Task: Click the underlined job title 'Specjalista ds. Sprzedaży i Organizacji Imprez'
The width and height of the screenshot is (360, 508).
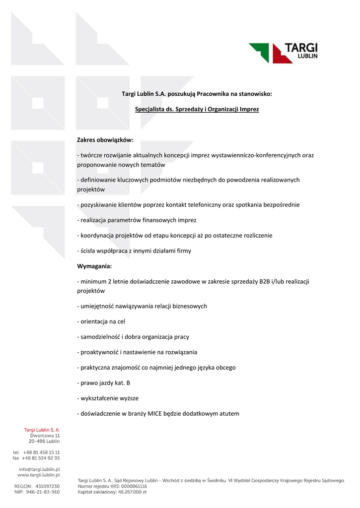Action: pos(197,109)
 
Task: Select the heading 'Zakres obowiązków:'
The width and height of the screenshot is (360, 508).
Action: pos(105,140)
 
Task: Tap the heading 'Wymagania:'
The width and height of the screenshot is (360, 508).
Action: pos(94,266)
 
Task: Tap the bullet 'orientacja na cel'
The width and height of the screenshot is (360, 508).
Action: pos(101,321)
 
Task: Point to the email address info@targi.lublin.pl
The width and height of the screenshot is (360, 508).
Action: pos(39,469)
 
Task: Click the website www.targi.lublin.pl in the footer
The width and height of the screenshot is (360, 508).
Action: pos(39,475)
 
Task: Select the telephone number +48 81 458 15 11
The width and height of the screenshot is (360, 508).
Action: pos(41,452)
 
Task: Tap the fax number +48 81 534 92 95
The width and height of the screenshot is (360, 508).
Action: pos(41,458)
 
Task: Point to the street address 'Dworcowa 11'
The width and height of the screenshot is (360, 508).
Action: pos(45,435)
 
